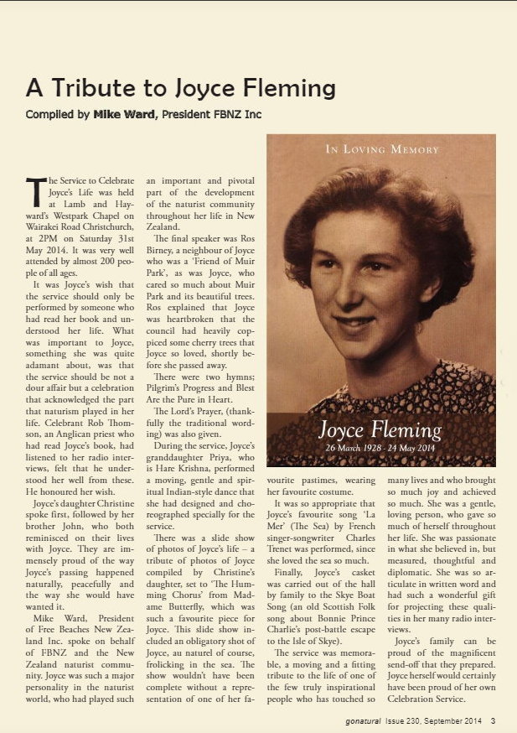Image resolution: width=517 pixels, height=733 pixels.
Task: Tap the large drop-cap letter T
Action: coord(37,192)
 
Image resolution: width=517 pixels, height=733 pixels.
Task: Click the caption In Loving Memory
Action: coord(382,149)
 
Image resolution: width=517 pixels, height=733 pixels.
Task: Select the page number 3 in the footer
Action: coord(494,720)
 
